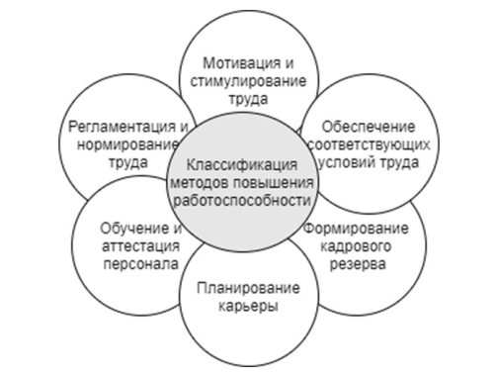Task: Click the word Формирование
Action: click(368, 231)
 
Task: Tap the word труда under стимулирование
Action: click(243, 96)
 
